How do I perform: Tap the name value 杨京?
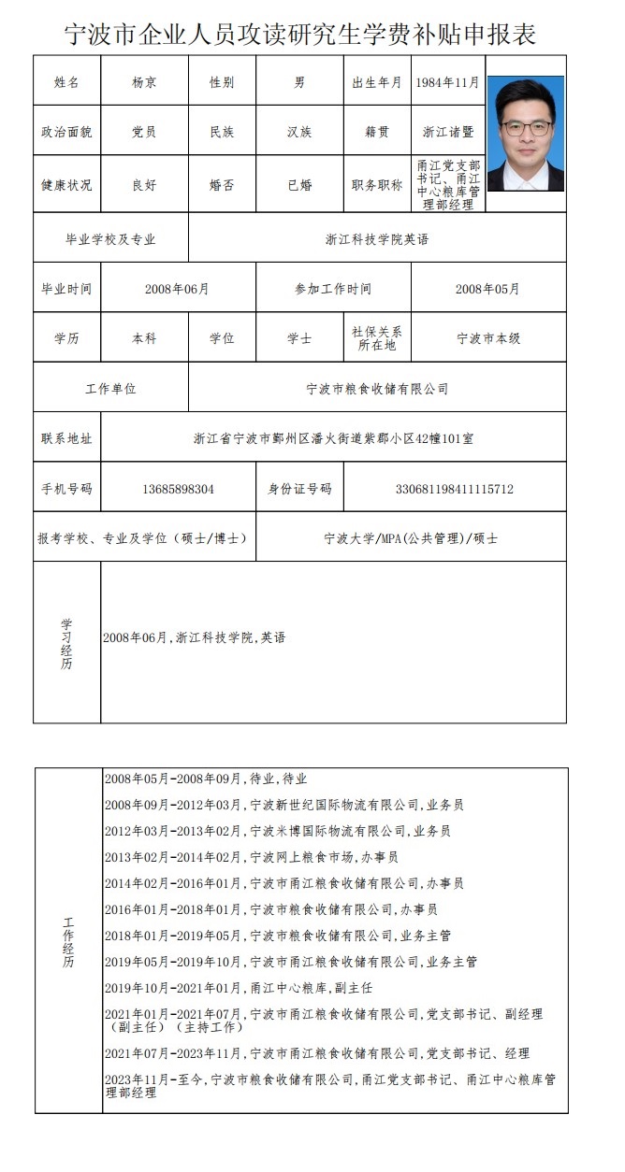[x=144, y=82]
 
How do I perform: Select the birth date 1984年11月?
[x=447, y=82]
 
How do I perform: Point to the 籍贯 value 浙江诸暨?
[x=447, y=132]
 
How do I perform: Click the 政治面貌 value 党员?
[x=144, y=132]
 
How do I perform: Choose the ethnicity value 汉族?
[x=299, y=132]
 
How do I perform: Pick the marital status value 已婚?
[x=299, y=185]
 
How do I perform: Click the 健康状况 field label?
[x=66, y=185]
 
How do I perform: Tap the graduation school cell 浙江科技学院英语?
[x=377, y=238]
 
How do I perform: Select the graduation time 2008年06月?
[x=177, y=289]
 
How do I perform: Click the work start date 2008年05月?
[x=487, y=289]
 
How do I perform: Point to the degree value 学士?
[x=299, y=338]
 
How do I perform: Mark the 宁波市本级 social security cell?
[x=487, y=338]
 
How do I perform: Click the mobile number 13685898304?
[x=178, y=489]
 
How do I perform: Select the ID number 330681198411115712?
[x=455, y=489]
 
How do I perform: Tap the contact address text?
[x=333, y=437]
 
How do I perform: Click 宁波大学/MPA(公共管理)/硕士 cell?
[x=410, y=538]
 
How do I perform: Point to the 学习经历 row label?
[x=66, y=643]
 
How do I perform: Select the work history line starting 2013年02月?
[x=252, y=857]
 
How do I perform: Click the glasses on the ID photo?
[x=525, y=127]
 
